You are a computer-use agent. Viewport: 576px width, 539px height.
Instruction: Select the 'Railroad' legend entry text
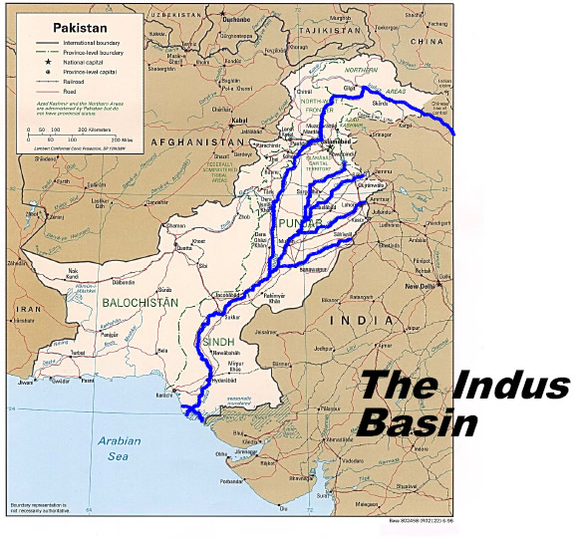pyautogui.click(x=72, y=81)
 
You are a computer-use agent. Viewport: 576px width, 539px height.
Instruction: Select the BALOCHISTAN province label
pyautogui.click(x=140, y=300)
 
